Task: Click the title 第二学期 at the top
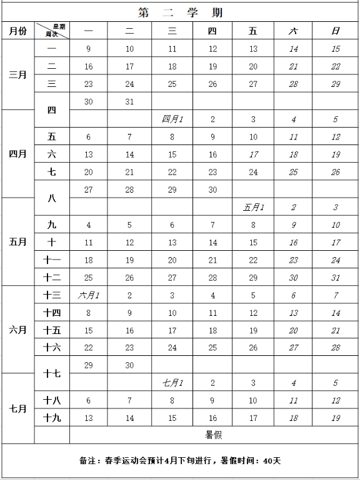point(180,13)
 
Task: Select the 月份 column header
point(17,31)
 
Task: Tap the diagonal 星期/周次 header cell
point(52,31)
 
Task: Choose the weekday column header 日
point(336,31)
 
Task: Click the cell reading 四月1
point(172,119)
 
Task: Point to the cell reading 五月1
point(253,207)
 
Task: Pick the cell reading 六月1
point(89,295)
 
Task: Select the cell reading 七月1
point(172,383)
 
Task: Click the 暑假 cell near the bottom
point(214,434)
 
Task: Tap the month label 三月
point(17,75)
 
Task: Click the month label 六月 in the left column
point(17,330)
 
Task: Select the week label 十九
point(52,417)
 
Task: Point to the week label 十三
point(52,295)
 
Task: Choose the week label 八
point(52,198)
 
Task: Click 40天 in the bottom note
point(272,461)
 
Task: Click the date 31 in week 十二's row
point(336,277)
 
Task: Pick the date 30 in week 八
point(212,190)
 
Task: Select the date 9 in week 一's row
point(89,49)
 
